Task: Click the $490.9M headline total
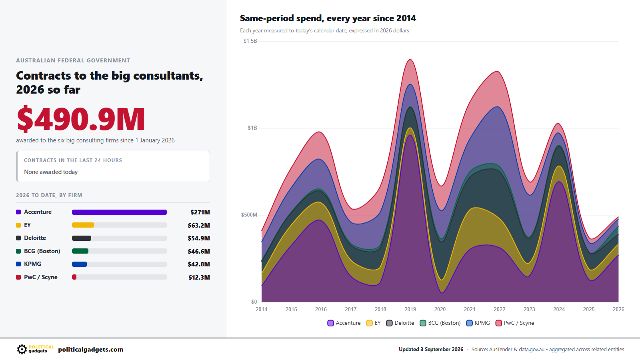coord(81,119)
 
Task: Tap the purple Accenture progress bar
coord(119,212)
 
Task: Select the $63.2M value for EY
coord(198,226)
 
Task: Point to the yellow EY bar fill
coord(83,225)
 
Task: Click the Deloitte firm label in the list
coord(35,238)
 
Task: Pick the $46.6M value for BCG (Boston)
coord(198,252)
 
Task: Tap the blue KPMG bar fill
coord(79,264)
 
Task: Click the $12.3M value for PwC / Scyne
coord(199,278)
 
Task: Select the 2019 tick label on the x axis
coord(410,309)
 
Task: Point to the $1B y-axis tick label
coord(252,128)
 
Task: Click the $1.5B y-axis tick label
coord(250,41)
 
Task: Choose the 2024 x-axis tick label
coord(559,309)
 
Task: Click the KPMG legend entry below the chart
coord(478,323)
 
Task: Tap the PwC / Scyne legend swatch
coord(498,323)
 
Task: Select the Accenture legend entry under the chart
coord(344,323)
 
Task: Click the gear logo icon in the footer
coord(22,350)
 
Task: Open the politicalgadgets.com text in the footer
coord(90,350)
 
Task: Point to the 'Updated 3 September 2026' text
coord(431,350)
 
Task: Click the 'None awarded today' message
coord(51,172)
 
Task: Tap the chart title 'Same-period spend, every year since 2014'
coord(328,18)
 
